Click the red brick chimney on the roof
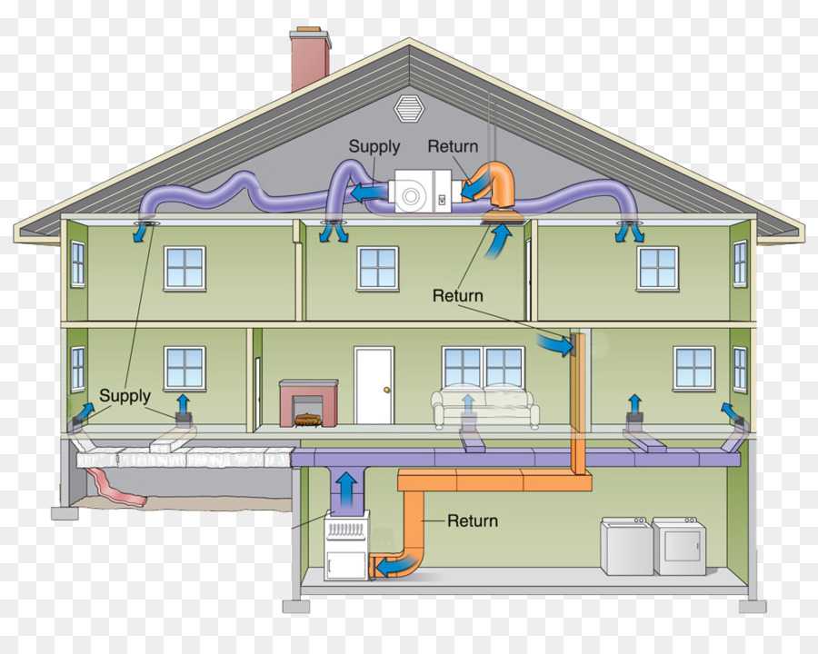pyautogui.click(x=311, y=58)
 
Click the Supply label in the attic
pyautogui.click(x=374, y=147)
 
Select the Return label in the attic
pyautogui.click(x=453, y=146)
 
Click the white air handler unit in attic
pyautogui.click(x=423, y=191)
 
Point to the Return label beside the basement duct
pyautogui.click(x=473, y=520)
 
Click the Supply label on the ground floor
pyautogui.click(x=125, y=396)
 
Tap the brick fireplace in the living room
pyautogui.click(x=308, y=403)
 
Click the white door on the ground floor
pyautogui.click(x=374, y=385)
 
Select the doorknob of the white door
pyautogui.click(x=386, y=390)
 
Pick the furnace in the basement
pyautogui.click(x=346, y=545)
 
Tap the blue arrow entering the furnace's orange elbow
pyautogui.click(x=396, y=566)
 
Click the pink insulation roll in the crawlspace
pyautogui.click(x=116, y=487)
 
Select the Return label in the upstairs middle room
pyautogui.click(x=457, y=296)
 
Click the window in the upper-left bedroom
pyautogui.click(x=185, y=268)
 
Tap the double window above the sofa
pyautogui.click(x=484, y=367)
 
